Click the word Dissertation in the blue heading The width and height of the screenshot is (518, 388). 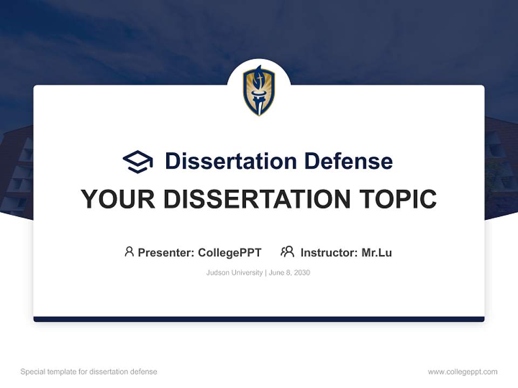click(230, 161)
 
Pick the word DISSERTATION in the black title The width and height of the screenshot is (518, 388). click(256, 199)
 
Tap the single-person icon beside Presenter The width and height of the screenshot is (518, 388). click(129, 252)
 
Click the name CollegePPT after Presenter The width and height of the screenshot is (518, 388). click(230, 253)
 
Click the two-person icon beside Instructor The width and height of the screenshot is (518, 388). click(287, 252)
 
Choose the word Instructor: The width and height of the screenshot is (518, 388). click(329, 253)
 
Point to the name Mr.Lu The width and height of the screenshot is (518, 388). click(377, 253)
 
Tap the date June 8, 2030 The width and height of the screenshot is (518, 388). click(289, 273)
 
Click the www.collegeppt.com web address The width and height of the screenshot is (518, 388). click(462, 372)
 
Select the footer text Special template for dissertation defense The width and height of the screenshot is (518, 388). click(89, 372)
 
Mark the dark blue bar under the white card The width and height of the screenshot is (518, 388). click(259, 319)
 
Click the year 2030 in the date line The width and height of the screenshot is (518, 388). click(302, 273)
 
